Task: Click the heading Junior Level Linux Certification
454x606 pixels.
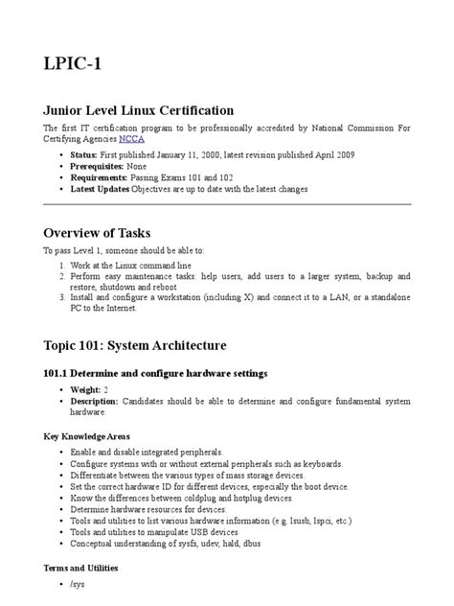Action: [x=139, y=110]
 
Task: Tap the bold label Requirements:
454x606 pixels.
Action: [x=102, y=177]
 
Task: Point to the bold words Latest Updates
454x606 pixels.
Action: [x=102, y=190]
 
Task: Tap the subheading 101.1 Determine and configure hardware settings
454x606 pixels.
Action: [x=155, y=372]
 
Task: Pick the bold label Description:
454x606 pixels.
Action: [x=101, y=403]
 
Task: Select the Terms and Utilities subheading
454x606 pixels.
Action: [x=90, y=568]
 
